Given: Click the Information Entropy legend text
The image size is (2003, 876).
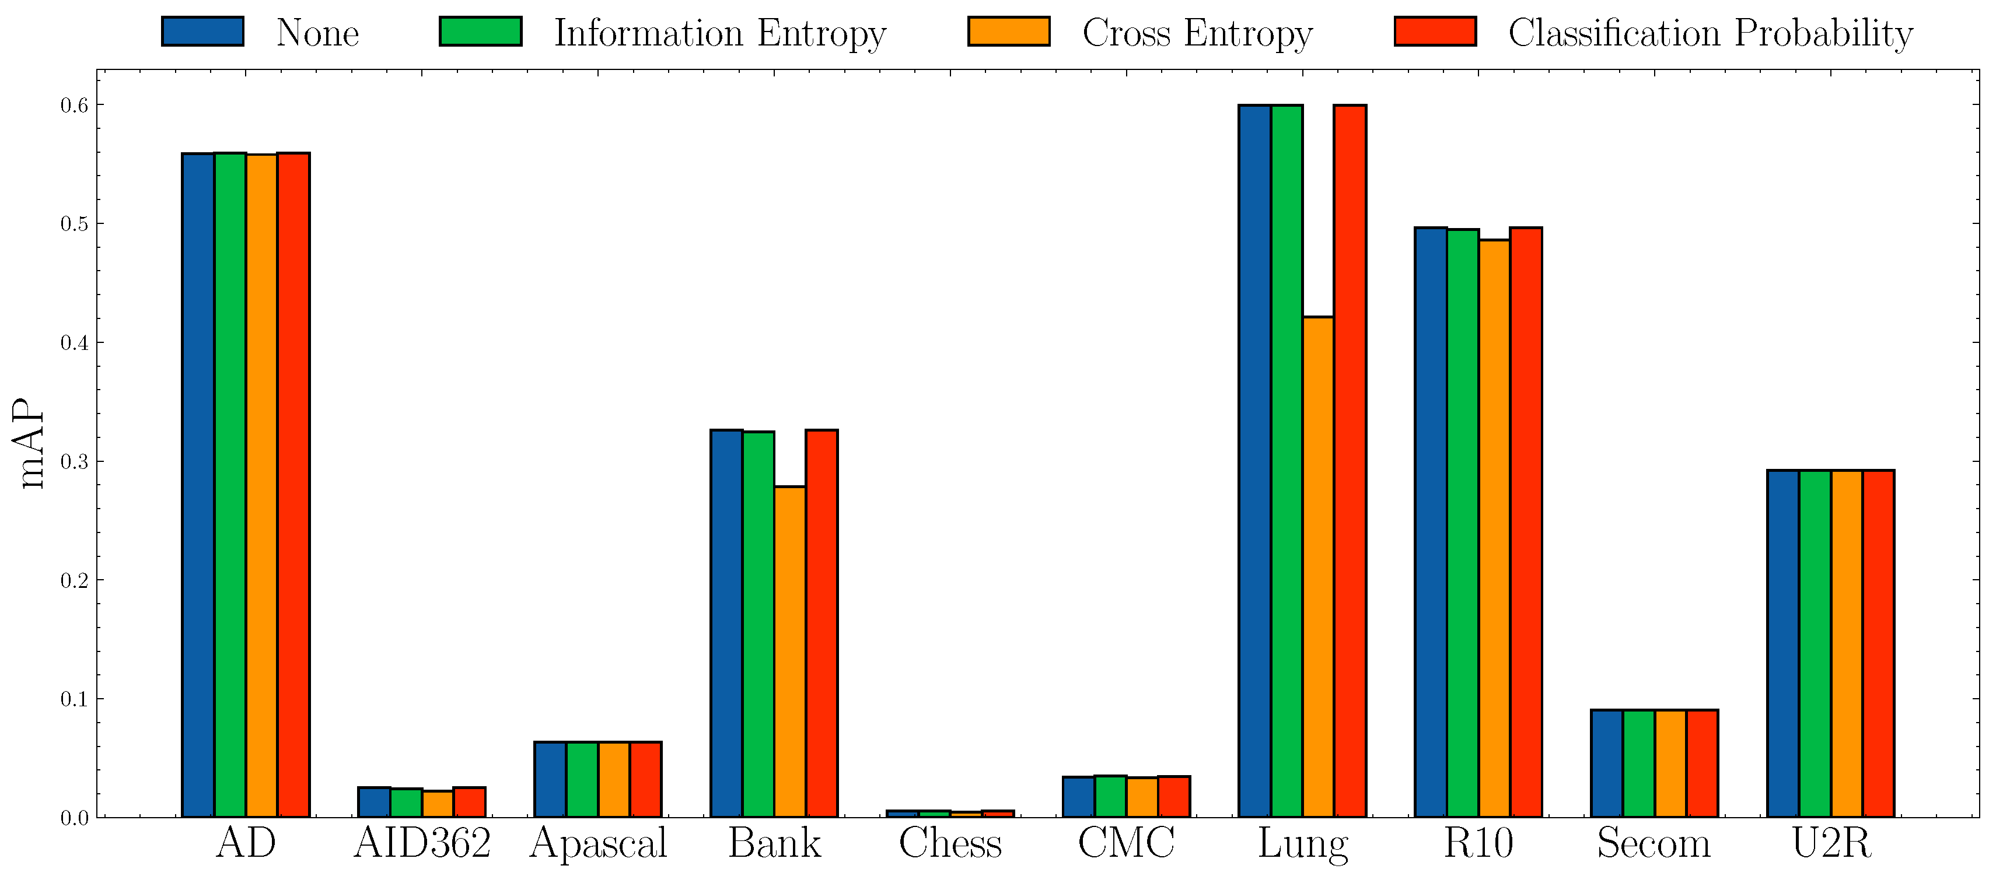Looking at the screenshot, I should click(720, 33).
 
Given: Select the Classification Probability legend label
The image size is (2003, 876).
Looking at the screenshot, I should click(1711, 33).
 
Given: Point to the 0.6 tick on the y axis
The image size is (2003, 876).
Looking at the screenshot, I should click(74, 105).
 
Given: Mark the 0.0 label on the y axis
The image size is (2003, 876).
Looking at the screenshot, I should click(74, 818).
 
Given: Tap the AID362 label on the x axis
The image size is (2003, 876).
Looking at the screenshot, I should click(422, 843).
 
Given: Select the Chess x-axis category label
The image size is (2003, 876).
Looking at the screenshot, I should click(950, 843).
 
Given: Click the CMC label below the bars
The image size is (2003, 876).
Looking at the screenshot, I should click(1126, 843).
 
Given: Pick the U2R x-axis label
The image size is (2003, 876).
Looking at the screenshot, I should click(1830, 843).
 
